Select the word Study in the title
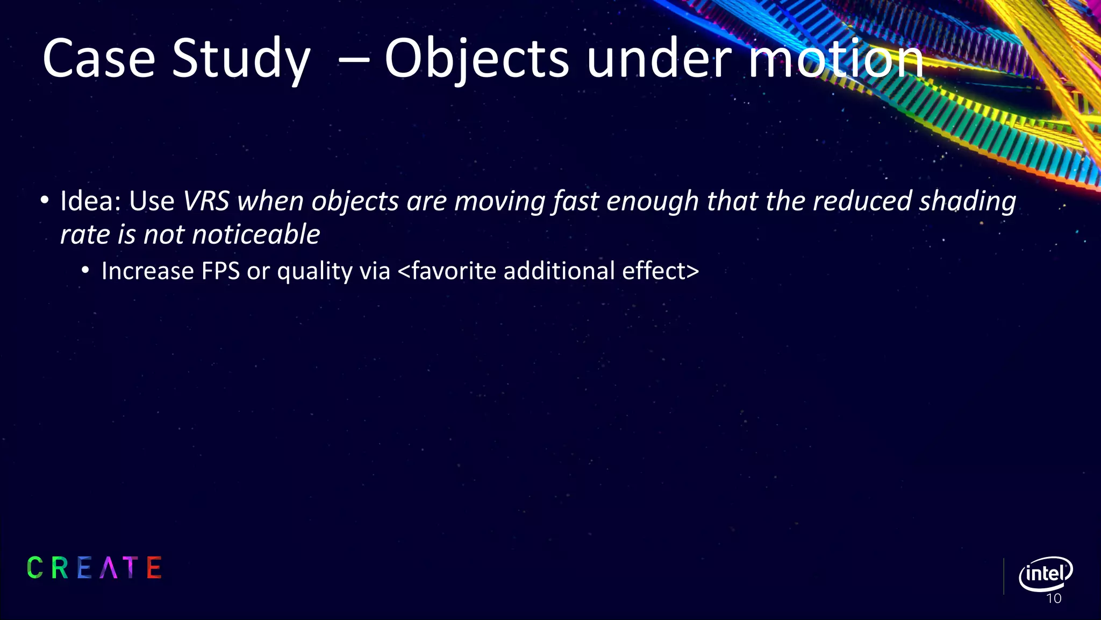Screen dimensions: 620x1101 click(x=241, y=59)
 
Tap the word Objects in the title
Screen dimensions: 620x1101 click(x=476, y=59)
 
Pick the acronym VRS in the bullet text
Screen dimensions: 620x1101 click(x=206, y=201)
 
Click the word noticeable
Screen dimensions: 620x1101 click(x=256, y=235)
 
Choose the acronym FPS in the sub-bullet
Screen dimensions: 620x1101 click(x=220, y=271)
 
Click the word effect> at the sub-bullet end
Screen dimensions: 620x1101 click(x=660, y=271)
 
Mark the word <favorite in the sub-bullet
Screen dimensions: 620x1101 click(x=447, y=271)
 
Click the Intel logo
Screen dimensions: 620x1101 click(x=1045, y=574)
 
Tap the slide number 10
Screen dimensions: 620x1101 click(x=1054, y=598)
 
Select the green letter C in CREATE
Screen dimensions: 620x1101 click(x=35, y=568)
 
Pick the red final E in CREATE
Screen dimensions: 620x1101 click(x=154, y=568)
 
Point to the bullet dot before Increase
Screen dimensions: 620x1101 click(x=85, y=271)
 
